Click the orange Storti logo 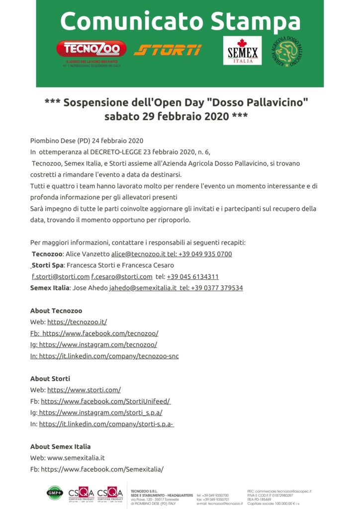pyautogui.click(x=168, y=50)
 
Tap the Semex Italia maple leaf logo pyautogui.click(x=242, y=50)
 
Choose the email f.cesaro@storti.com pyautogui.click(x=122, y=276)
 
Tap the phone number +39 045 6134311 pyautogui.click(x=193, y=276)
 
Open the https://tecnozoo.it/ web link pyautogui.click(x=77, y=322)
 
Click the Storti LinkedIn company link pyautogui.click(x=106, y=424)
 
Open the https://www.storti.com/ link pyautogui.click(x=84, y=390)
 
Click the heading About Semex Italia pyautogui.click(x=60, y=446)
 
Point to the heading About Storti pyautogui.click(x=50, y=379)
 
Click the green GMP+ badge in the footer pyautogui.click(x=55, y=492)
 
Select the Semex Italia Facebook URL pyautogui.click(x=102, y=469)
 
